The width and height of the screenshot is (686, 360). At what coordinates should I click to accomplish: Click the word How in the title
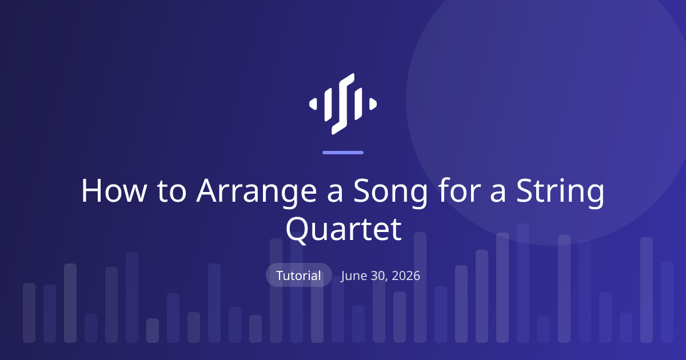pos(114,191)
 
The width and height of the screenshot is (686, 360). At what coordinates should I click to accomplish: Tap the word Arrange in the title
pos(257,193)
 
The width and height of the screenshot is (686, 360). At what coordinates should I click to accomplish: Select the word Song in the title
pos(390,193)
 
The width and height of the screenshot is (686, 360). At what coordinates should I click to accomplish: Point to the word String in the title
pos(560,193)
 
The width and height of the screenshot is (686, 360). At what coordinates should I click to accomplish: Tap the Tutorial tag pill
pos(298,275)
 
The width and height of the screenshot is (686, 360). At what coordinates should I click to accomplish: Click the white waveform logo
pos(343,104)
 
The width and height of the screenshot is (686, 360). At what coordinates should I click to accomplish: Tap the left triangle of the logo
pos(313,104)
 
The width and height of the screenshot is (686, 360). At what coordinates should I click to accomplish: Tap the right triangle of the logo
pos(373,104)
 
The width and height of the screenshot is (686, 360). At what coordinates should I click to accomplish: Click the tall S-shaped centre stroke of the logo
pos(343,104)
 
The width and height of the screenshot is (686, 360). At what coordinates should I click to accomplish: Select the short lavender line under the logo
pos(343,153)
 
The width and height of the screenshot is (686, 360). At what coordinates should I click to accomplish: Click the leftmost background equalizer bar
pos(29,313)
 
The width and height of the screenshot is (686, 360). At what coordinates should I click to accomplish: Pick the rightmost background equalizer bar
pos(667,302)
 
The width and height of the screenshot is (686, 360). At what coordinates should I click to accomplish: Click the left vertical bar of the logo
pos(328,104)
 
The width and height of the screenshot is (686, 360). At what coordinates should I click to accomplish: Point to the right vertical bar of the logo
pos(358,104)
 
